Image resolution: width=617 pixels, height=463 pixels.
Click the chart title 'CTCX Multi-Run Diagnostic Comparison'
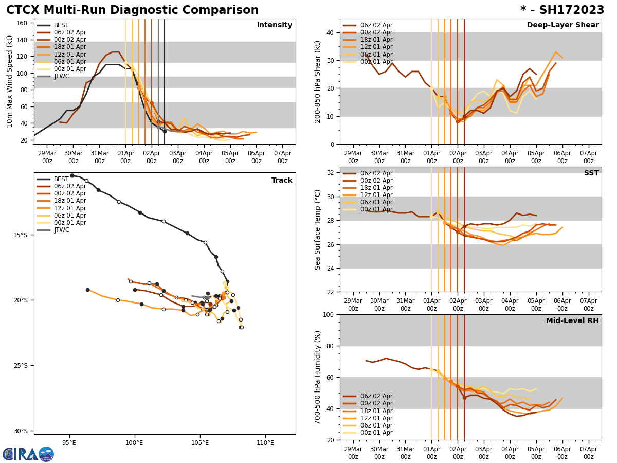132,10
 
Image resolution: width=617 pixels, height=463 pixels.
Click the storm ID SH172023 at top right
562,10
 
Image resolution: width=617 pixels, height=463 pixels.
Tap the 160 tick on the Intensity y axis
24,23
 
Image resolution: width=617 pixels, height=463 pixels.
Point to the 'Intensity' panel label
274,25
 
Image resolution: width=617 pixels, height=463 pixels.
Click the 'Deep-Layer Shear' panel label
562,25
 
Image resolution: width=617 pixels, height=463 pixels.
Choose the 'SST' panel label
591,173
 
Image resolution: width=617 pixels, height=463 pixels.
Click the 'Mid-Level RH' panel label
572,321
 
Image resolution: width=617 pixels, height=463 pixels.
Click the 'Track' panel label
282,181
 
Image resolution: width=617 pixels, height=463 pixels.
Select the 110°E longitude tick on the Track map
265,441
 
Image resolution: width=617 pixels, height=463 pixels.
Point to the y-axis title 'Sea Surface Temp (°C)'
318,229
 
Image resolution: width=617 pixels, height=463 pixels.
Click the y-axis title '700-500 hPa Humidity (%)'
318,377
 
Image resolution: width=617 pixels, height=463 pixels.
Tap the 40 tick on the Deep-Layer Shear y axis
330,32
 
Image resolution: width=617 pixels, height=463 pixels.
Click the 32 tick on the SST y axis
330,173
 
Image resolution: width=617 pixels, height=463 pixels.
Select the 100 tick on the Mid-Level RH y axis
328,314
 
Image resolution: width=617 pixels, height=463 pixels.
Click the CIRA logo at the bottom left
28,454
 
